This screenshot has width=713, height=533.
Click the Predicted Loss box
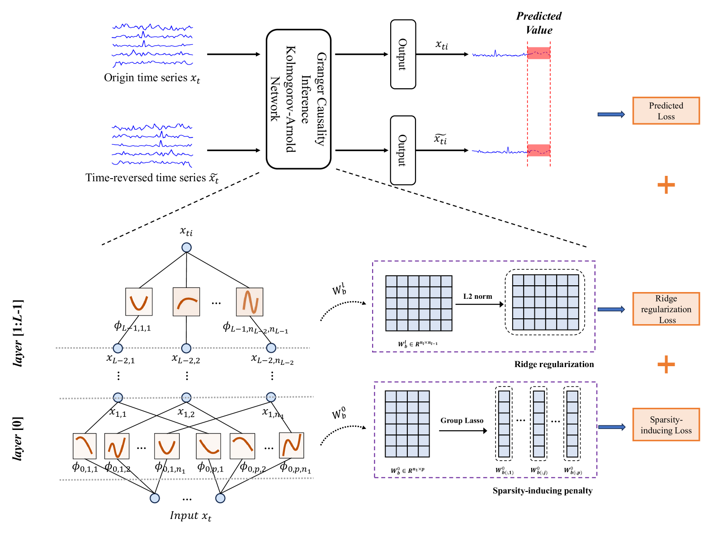click(x=666, y=111)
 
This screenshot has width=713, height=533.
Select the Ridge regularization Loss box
click(x=666, y=309)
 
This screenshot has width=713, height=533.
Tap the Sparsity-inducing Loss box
click(x=666, y=425)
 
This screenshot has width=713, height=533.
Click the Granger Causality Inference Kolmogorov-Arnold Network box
click(x=298, y=99)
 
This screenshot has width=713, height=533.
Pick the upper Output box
click(x=403, y=54)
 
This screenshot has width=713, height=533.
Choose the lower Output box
click(x=403, y=150)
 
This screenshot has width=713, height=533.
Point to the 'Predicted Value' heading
click(x=538, y=23)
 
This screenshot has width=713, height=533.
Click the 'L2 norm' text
click(x=477, y=297)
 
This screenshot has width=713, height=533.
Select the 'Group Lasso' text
click(x=462, y=420)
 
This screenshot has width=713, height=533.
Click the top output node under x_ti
click(x=186, y=247)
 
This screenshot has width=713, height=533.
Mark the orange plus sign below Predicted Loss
click(x=666, y=185)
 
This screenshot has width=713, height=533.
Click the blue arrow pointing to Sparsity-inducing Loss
click(x=611, y=427)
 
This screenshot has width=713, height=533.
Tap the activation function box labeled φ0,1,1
click(x=85, y=445)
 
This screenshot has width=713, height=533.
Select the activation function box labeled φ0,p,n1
click(x=291, y=445)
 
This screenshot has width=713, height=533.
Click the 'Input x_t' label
click(x=190, y=516)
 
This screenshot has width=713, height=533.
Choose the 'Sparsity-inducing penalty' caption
click(x=542, y=491)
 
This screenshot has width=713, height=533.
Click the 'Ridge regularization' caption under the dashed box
click(x=554, y=364)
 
